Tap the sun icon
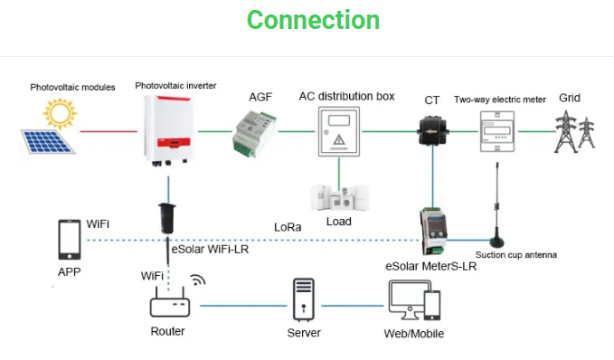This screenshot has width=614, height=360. (x=61, y=113)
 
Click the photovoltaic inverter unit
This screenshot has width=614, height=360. (x=168, y=130)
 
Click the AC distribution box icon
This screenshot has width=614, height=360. (x=339, y=132)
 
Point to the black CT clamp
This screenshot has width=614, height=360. (x=433, y=130)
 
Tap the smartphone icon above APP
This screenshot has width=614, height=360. (x=68, y=240)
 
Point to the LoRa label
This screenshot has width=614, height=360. (x=289, y=226)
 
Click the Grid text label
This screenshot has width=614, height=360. (x=570, y=98)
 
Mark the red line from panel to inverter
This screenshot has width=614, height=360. (x=109, y=132)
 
